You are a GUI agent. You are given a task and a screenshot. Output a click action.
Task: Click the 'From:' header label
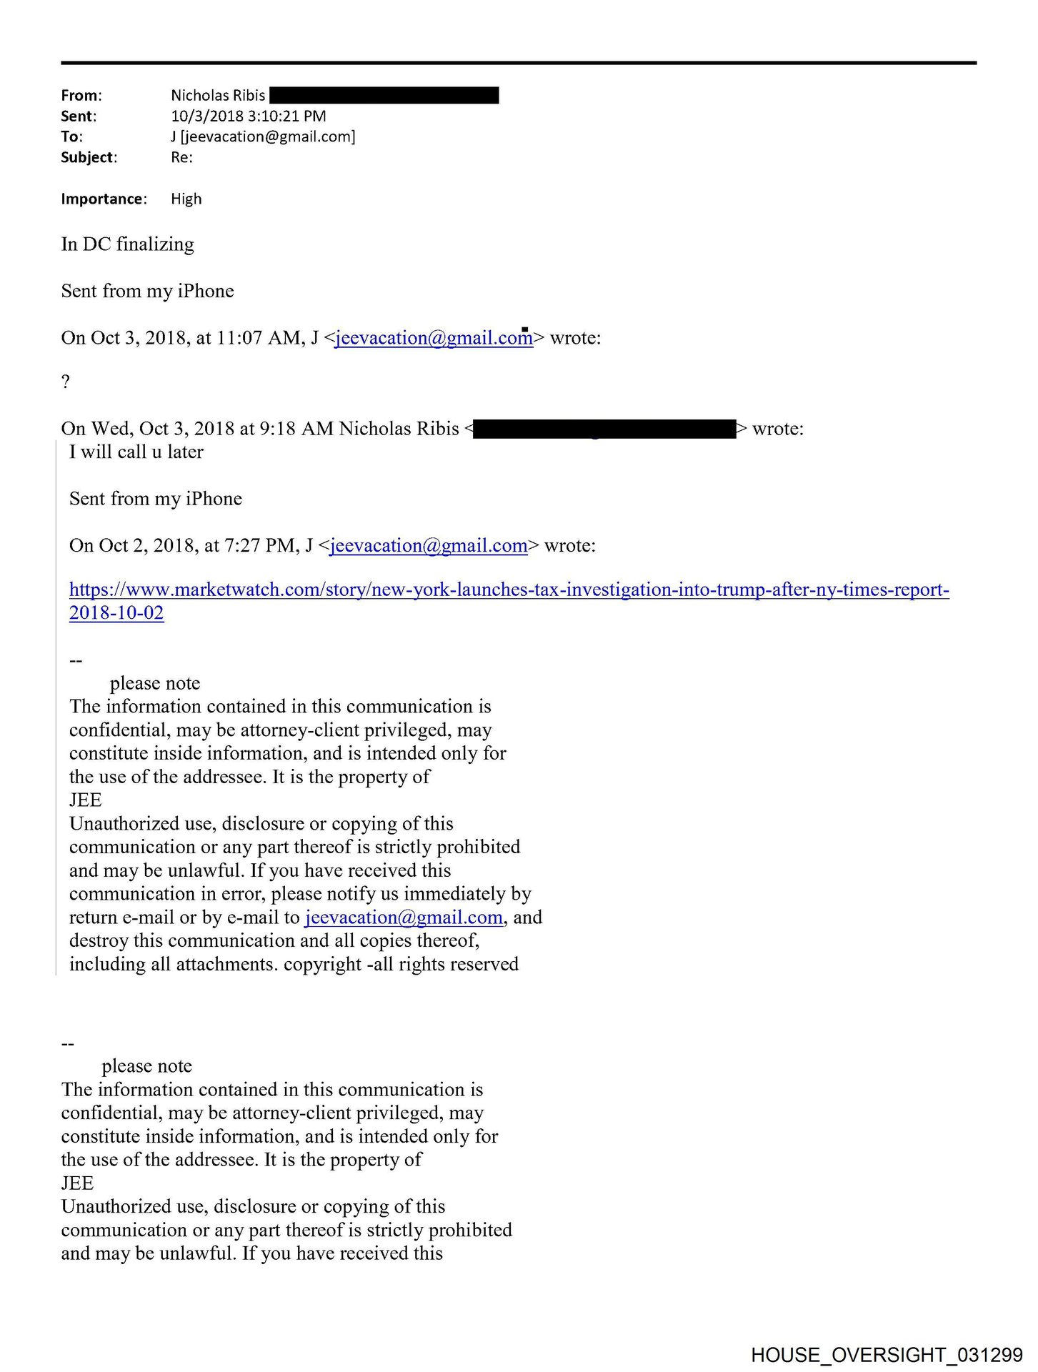(81, 95)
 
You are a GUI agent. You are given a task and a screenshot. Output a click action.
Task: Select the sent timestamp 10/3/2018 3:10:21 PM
(248, 116)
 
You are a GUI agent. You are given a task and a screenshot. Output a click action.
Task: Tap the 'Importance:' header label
(104, 199)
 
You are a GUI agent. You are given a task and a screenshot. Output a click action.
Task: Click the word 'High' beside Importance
(186, 199)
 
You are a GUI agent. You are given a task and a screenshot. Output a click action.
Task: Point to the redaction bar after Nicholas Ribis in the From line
(384, 95)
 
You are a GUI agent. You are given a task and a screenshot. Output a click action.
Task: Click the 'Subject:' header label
(89, 157)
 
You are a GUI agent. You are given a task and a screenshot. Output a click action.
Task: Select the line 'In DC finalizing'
(127, 244)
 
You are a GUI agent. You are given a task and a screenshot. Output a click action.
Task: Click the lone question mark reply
(66, 382)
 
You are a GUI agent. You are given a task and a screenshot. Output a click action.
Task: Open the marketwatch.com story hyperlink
(509, 590)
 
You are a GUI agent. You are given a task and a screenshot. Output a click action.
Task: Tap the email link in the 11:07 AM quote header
(434, 338)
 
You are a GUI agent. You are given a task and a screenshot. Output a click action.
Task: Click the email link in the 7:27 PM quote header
(429, 546)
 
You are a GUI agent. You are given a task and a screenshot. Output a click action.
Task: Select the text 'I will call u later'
(136, 452)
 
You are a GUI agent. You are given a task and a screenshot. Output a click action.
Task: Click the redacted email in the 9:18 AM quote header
(604, 429)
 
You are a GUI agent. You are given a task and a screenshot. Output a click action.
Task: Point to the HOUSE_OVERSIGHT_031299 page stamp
(887, 1354)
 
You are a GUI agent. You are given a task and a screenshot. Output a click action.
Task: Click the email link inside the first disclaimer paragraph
(404, 918)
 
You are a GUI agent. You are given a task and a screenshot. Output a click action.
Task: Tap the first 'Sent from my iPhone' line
(147, 291)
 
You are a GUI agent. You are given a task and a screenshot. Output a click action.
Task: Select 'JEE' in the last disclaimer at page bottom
(77, 1183)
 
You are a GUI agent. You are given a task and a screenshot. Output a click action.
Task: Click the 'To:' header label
(71, 136)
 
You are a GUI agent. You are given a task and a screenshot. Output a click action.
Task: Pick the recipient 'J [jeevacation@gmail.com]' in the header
(262, 136)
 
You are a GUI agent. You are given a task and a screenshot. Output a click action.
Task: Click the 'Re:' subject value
(181, 157)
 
